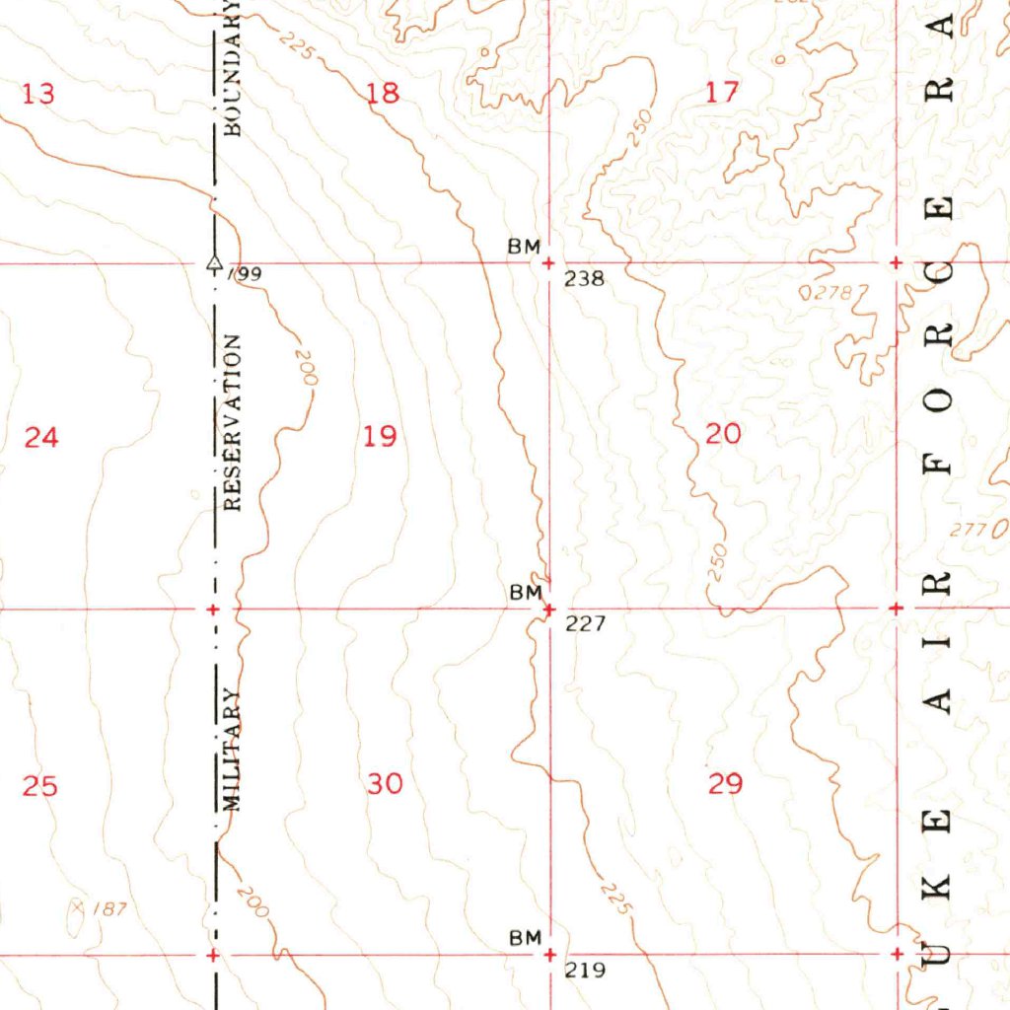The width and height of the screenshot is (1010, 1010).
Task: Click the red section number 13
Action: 38,95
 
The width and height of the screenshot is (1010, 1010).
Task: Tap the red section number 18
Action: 383,94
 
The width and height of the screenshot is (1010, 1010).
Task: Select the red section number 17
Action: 723,93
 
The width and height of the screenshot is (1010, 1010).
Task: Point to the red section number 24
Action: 41,436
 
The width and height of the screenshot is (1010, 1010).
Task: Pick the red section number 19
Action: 380,435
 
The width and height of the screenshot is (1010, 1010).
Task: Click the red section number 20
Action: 723,432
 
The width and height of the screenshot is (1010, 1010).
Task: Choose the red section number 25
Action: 40,786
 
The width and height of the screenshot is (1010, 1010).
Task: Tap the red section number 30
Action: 385,784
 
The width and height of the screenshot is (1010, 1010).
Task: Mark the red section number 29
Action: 725,784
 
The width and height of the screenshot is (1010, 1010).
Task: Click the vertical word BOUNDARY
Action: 231,67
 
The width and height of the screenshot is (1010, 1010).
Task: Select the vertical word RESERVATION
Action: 232,422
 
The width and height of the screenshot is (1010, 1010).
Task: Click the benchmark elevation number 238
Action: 584,279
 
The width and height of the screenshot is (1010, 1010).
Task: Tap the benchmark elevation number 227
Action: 584,623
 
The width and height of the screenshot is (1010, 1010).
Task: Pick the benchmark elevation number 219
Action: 584,971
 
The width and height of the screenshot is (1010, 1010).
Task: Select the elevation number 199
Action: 247,274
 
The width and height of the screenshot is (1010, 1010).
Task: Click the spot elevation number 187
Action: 110,908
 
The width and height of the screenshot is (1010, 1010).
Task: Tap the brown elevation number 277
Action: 970,531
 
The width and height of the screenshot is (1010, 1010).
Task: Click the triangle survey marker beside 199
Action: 212,263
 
